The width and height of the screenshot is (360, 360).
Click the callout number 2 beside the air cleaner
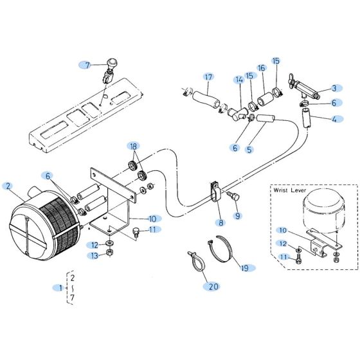8,186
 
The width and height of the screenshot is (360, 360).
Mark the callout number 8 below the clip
221,223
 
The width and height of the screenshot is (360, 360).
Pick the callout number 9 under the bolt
237,216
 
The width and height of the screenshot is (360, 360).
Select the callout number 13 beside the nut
94,256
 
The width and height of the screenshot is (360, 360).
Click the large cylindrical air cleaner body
45,222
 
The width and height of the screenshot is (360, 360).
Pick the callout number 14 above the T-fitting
239,80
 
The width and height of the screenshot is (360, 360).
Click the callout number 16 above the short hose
261,68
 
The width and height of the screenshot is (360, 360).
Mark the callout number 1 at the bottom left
62,287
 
